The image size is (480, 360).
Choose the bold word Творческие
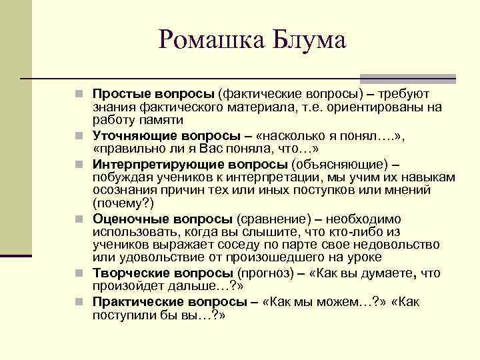[129, 273]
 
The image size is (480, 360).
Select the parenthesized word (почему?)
[123, 203]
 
